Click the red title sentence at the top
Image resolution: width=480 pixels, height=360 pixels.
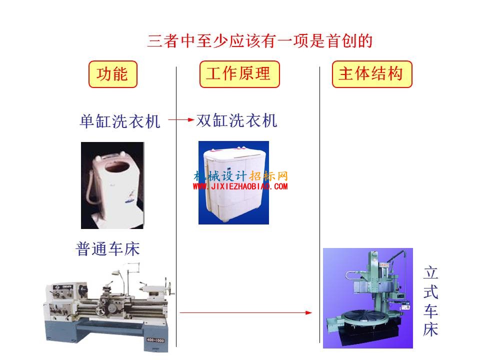click(259, 41)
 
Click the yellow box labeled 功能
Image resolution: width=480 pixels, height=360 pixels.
click(112, 74)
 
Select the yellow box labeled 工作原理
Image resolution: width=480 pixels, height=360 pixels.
click(239, 74)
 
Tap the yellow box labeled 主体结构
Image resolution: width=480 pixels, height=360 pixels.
click(372, 74)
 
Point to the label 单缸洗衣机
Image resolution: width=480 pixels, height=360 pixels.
click(120, 121)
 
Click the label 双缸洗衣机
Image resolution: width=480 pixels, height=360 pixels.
click(236, 120)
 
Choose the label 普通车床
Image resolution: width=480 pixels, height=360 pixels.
click(108, 248)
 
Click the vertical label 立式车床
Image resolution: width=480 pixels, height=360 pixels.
click(430, 301)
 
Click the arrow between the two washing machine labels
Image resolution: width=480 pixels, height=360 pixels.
click(181, 119)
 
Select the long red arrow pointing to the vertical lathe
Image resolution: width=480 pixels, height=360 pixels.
click(246, 312)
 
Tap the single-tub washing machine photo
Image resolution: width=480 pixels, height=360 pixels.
click(112, 185)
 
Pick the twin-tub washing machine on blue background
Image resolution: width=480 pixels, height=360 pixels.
click(233, 183)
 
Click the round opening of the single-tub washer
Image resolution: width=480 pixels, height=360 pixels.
click(116, 167)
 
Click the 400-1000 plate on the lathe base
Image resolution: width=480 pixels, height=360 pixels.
click(155, 340)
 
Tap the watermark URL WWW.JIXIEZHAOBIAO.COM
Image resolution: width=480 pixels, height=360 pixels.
click(240, 186)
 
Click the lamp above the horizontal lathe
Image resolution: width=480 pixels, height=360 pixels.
click(115, 272)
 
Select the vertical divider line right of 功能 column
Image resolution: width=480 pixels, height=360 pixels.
click(176, 206)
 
